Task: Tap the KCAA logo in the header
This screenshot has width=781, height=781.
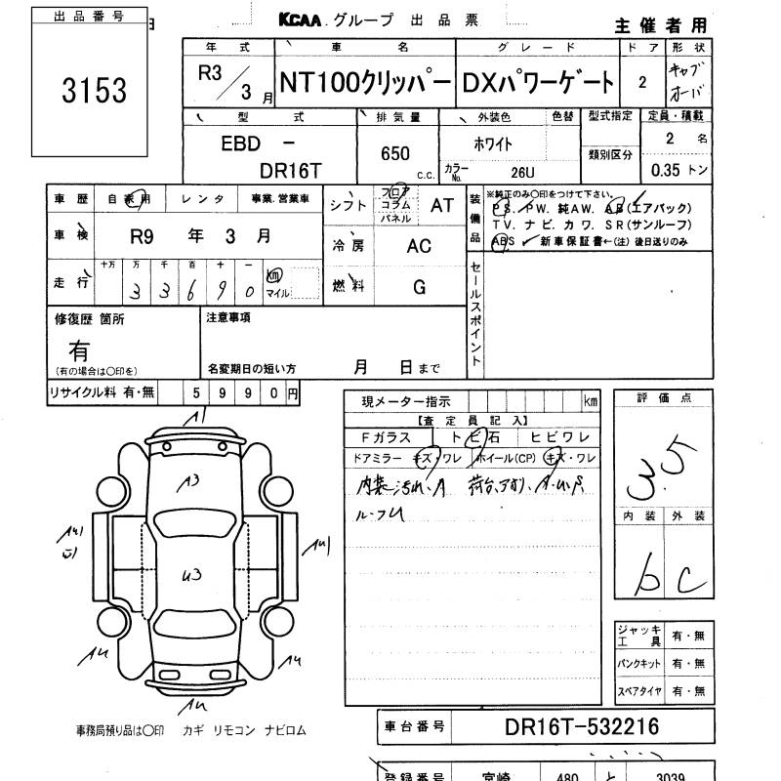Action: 306,19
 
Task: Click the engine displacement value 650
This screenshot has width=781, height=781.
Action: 395,154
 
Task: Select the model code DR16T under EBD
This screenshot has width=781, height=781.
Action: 290,169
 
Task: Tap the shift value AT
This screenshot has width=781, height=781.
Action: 442,205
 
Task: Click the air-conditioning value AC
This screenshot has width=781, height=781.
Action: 419,247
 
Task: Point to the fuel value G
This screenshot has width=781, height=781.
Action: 419,287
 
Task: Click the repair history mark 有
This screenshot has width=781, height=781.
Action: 79,348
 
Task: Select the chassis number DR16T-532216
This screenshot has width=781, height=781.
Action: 582,727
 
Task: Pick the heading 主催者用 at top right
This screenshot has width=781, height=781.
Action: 663,24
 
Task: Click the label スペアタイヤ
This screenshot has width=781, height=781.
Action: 639,691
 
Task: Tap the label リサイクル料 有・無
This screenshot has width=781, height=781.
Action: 103,392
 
